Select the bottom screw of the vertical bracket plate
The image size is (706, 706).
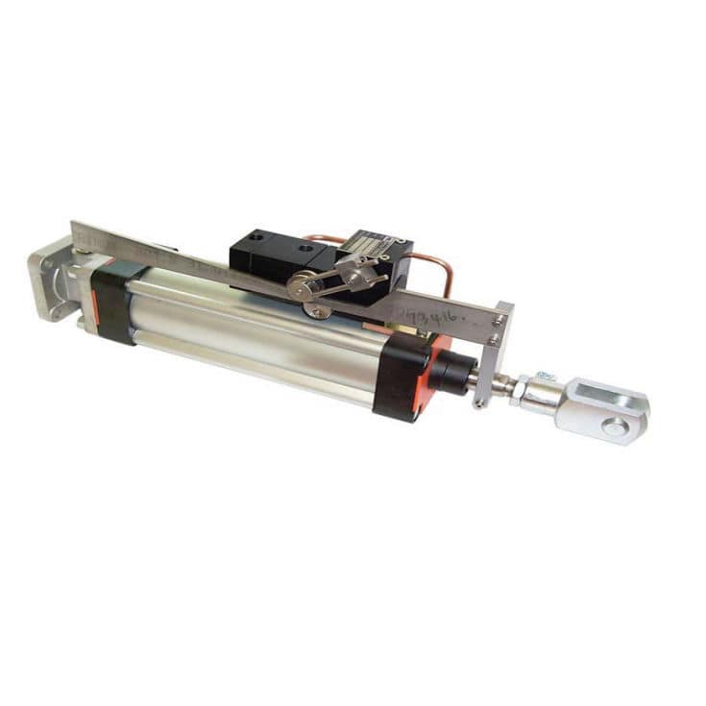click(476, 403)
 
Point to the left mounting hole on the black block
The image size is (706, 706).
click(262, 237)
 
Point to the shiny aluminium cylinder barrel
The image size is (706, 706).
click(250, 331)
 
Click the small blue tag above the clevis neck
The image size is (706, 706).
click(544, 375)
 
